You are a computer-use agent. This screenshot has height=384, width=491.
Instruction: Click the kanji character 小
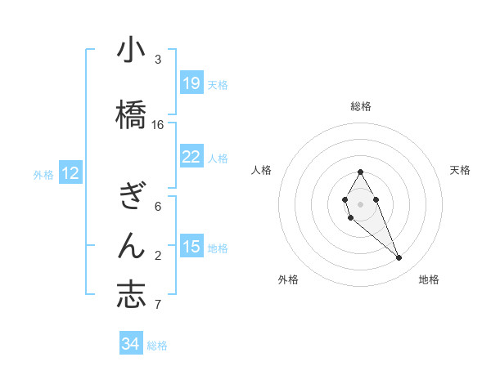[131, 51]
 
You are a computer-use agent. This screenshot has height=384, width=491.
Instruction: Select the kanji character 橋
[131, 114]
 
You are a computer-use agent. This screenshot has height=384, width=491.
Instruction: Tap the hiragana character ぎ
[131, 197]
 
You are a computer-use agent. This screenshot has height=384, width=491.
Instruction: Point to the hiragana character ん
[131, 244]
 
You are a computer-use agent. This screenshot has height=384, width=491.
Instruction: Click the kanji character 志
[131, 293]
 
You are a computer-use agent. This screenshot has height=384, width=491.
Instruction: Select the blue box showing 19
[191, 83]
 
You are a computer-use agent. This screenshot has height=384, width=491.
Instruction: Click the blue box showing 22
[191, 157]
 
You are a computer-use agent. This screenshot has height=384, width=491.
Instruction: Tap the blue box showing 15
[191, 247]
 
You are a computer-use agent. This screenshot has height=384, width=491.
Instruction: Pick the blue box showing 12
[70, 173]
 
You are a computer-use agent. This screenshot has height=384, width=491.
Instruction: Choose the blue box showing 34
[131, 344]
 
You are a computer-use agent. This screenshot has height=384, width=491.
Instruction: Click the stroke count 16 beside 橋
[158, 125]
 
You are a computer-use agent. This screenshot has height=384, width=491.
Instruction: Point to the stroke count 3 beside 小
[158, 60]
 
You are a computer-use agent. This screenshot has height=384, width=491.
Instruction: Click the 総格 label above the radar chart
[361, 106]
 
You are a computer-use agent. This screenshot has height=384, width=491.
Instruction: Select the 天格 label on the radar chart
[461, 170]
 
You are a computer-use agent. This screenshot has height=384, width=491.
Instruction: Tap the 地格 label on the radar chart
[429, 279]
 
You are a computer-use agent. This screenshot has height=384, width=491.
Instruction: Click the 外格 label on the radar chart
[288, 279]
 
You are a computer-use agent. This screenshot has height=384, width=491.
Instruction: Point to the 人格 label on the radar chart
[261, 170]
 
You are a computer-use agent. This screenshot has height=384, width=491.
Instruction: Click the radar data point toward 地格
[399, 258]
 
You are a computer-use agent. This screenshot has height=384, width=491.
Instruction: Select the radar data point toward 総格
[360, 172]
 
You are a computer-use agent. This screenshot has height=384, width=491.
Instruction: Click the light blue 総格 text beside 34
[157, 346]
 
